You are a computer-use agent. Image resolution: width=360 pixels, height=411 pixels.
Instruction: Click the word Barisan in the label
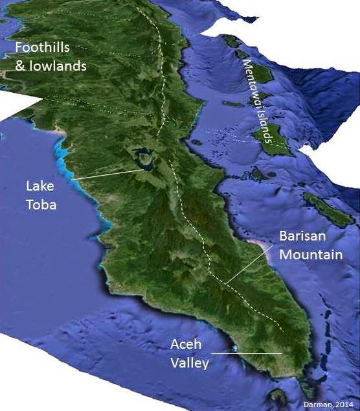point(302,237)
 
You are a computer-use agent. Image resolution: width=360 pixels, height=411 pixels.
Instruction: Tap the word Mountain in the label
point(311,255)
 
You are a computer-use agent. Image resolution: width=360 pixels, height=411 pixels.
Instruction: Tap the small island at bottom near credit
point(280,395)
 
